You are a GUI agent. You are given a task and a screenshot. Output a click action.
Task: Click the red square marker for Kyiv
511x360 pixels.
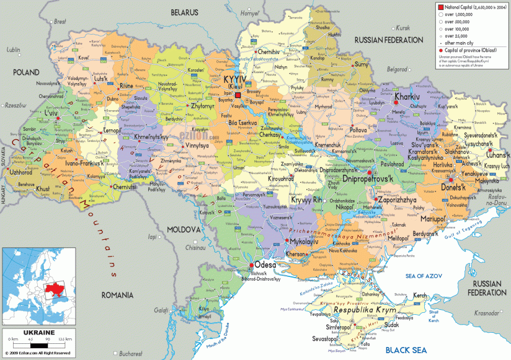tap(238, 95)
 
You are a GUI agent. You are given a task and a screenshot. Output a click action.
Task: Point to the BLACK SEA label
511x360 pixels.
tap(406, 350)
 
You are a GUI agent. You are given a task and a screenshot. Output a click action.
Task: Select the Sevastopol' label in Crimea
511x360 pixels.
tap(326, 340)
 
